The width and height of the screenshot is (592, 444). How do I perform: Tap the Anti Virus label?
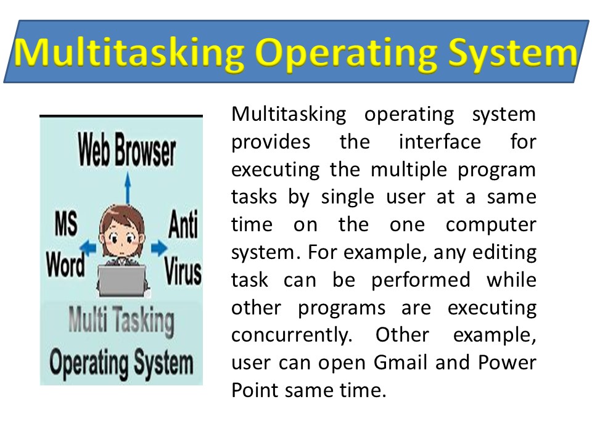(183, 247)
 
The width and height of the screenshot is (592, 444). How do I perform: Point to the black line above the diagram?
(121, 116)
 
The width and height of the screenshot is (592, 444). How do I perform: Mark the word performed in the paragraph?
(420, 280)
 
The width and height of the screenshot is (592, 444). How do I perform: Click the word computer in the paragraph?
(491, 224)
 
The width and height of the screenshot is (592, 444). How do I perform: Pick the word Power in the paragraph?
(509, 363)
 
